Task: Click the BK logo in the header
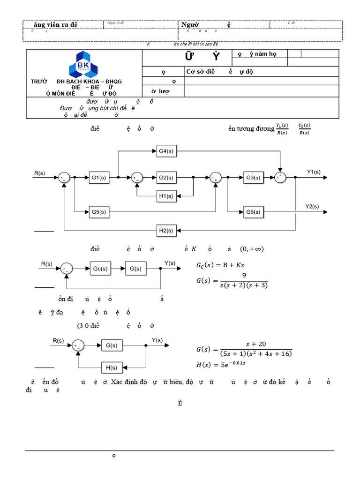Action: click(84, 64)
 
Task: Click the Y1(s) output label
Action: click(314, 172)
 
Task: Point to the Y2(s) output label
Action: click(312, 206)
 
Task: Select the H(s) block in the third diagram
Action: click(112, 367)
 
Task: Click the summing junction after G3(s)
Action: click(280, 178)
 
